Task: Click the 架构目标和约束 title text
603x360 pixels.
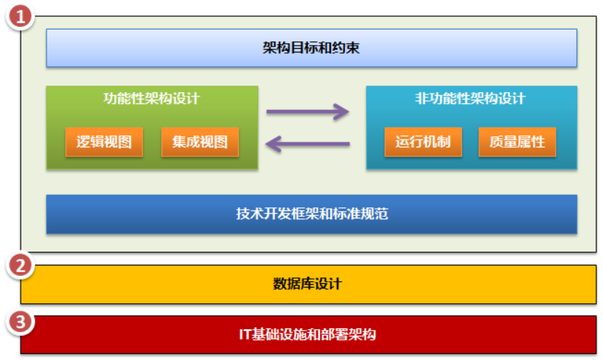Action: (x=311, y=49)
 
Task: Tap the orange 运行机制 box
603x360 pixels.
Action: (x=423, y=142)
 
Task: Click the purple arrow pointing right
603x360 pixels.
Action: (x=307, y=112)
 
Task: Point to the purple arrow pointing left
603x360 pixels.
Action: (x=307, y=143)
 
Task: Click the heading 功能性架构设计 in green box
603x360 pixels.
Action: (x=152, y=98)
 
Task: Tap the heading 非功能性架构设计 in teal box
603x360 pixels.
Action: (x=471, y=98)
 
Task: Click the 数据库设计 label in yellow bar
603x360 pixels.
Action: (x=307, y=283)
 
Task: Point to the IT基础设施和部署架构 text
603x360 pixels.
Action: (x=307, y=334)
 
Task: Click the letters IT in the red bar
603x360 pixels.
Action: (x=245, y=334)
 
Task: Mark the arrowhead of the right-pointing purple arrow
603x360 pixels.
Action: (x=342, y=112)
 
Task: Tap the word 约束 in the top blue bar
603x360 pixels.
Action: (x=346, y=49)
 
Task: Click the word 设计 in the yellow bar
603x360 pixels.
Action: (x=330, y=283)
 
